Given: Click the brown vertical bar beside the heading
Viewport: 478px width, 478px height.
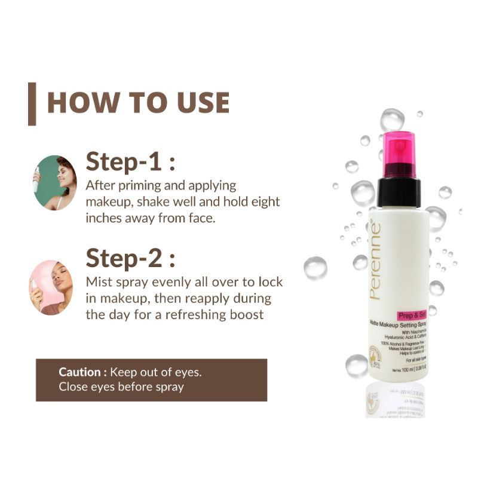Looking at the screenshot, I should [x=32, y=104].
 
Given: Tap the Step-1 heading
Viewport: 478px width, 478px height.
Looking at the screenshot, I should [x=131, y=162].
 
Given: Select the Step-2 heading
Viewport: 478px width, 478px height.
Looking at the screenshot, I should [x=131, y=259].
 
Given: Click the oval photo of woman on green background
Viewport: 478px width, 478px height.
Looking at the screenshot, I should [x=55, y=182].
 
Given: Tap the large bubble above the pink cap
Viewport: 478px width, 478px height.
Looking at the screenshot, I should [x=393, y=119].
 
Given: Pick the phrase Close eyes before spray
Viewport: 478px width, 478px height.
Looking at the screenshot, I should [x=121, y=387].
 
